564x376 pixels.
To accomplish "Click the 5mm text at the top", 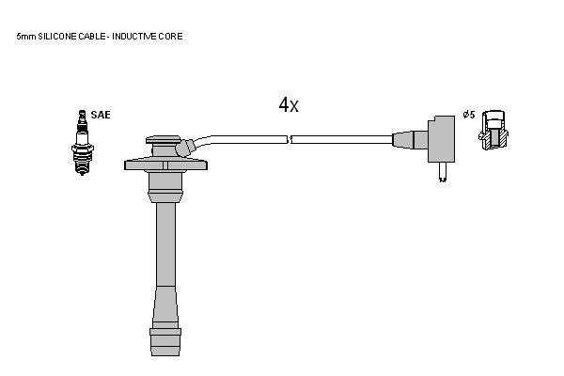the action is (x=26, y=37).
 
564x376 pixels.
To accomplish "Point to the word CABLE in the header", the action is (x=92, y=37).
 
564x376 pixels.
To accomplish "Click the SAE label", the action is (x=101, y=115).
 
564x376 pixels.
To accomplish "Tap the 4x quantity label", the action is (x=289, y=105).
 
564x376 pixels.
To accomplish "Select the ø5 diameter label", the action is (x=469, y=115).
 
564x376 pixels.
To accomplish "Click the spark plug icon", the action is (x=83, y=143).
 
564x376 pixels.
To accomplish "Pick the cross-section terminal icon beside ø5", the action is (x=493, y=130).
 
